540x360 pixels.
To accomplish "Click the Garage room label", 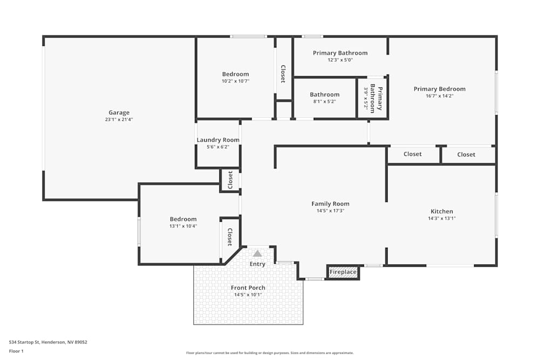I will tap(119, 113).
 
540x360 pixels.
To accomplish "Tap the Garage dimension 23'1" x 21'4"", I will tap(119, 120).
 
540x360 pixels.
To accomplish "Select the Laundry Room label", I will tap(218, 140).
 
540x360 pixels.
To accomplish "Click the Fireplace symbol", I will tap(343, 272).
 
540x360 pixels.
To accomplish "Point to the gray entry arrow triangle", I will tap(258, 253).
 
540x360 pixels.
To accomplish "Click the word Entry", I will tap(258, 264).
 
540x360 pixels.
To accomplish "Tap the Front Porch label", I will tap(248, 288).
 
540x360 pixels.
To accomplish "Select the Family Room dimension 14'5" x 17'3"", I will tap(330, 211).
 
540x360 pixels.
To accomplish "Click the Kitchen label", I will tap(442, 211).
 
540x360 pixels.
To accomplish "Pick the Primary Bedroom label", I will tap(440, 89).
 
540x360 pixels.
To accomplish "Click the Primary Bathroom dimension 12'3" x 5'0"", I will tap(340, 60).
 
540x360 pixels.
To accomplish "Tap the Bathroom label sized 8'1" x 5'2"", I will tap(325, 94).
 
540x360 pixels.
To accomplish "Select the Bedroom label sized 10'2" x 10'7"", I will tap(235, 74).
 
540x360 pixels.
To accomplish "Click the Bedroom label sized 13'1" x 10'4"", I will tap(183, 219).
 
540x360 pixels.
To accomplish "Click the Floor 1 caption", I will tap(16, 351).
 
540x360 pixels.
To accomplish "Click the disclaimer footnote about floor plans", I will tap(270, 353).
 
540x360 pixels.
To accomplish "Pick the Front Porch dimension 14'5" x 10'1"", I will tap(248, 295).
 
